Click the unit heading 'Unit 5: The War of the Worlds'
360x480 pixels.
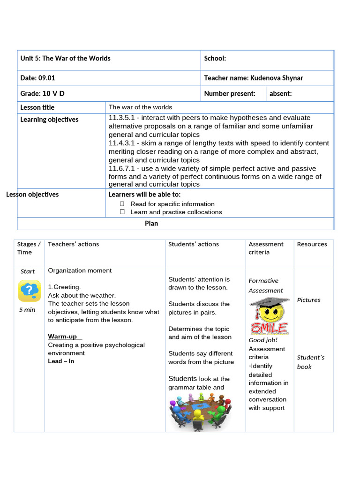coord(66,59)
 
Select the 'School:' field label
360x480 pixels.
coord(215,59)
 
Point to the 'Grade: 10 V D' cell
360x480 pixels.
coord(43,94)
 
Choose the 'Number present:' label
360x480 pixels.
coord(230,94)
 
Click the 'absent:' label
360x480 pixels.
coord(280,94)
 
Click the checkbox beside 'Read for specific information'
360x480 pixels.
coord(122,204)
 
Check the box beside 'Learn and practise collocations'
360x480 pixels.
coord(122,212)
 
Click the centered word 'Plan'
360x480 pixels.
coord(151,224)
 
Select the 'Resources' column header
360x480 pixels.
coord(312,244)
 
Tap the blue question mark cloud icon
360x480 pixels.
coord(29,291)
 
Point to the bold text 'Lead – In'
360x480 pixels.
coord(61,361)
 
